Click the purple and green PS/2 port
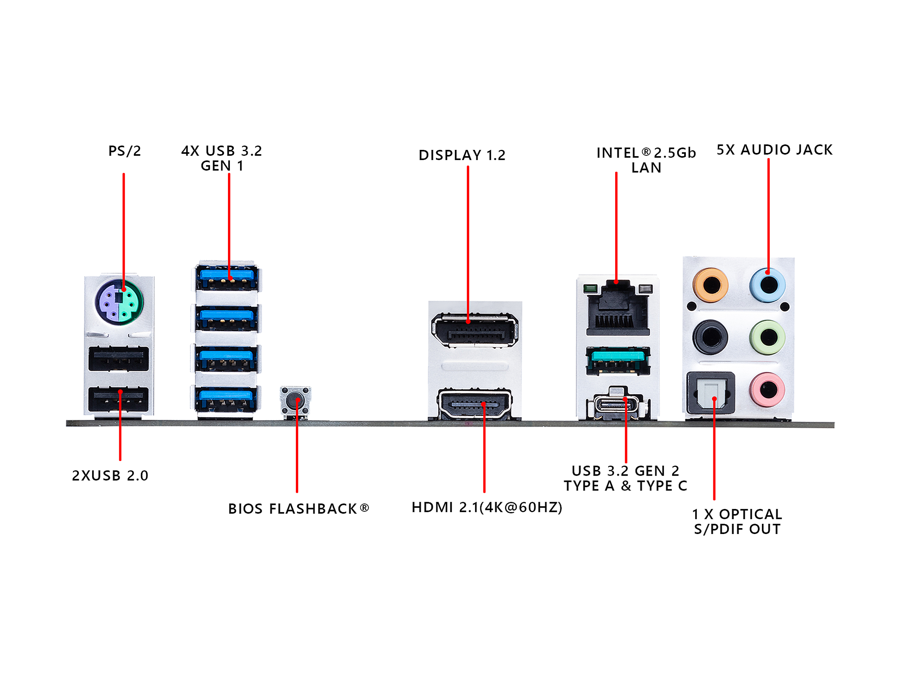coord(119,303)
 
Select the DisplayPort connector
coord(475,330)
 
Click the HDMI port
coord(475,404)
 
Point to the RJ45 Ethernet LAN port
coord(618,311)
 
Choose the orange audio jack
coord(711,285)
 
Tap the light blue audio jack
coord(768,285)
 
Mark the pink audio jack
coord(768,390)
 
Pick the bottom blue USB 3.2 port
coord(226,399)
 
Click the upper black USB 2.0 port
coord(118,358)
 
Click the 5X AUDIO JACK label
coord(775,149)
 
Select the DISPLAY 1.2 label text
coord(462,155)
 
